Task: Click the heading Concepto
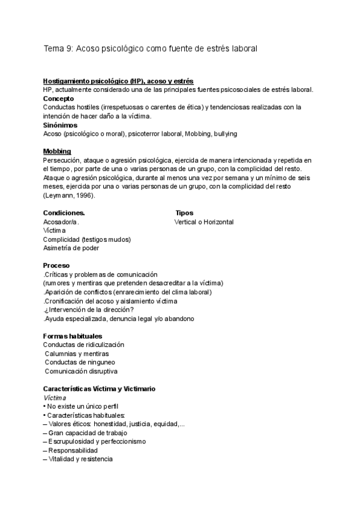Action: [59, 98]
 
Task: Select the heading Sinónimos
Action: [61, 125]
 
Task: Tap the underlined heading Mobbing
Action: [57, 151]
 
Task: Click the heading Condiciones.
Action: [64, 213]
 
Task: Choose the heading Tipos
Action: [184, 213]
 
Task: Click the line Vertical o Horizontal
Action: [204, 222]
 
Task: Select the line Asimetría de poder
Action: [71, 248]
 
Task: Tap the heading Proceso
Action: [56, 265]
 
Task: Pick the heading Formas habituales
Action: [73, 336]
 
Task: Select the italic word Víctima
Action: [55, 398]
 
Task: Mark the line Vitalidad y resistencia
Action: [77, 459]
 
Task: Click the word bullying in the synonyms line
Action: [225, 133]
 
